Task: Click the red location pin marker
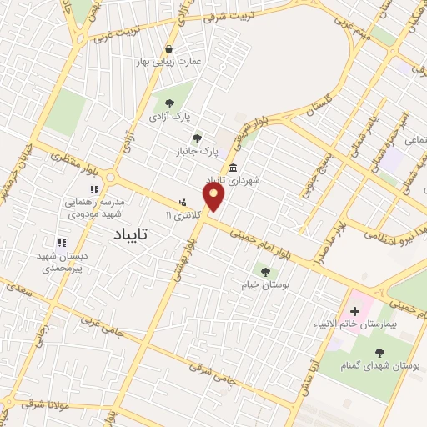214,198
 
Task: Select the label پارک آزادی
170,117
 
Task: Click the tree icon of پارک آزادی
170,103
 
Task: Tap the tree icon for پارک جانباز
197,138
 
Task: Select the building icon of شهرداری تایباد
232,167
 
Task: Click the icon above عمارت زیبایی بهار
169,48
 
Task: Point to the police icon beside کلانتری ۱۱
182,202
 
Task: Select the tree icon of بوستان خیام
265,271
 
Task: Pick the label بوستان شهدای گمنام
381,365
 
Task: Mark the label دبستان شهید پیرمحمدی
61,262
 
